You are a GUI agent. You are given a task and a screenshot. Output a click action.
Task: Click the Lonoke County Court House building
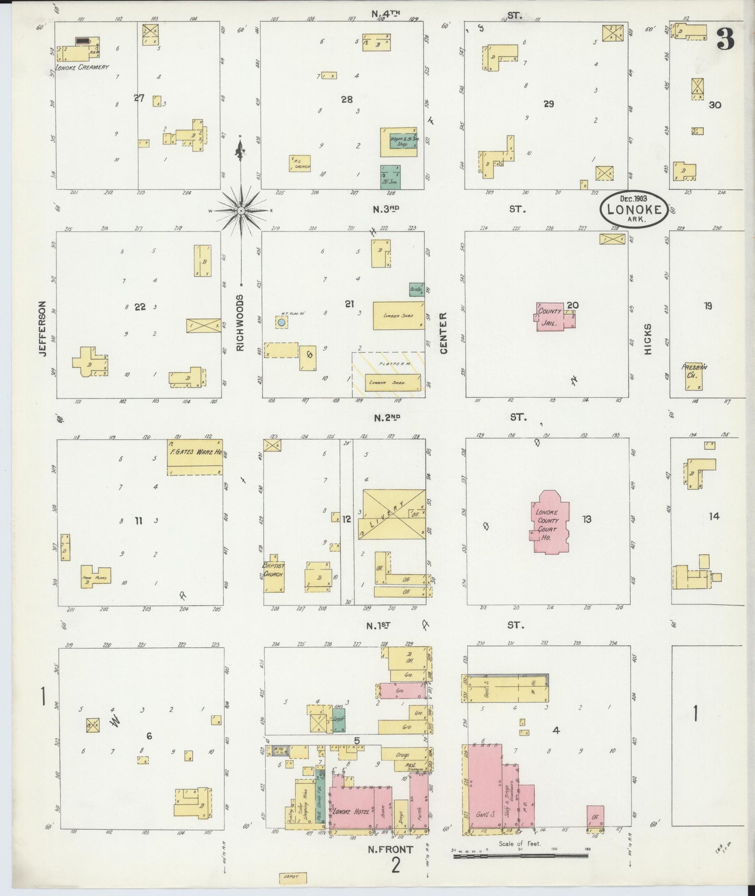[550, 521]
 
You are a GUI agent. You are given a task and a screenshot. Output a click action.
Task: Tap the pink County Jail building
[553, 316]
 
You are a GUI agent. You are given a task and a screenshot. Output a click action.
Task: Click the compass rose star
[241, 210]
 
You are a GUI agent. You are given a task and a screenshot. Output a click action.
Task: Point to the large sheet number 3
[726, 39]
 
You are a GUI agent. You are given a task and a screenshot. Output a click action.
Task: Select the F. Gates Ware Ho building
[194, 457]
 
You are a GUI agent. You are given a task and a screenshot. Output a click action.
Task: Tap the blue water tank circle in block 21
[282, 323]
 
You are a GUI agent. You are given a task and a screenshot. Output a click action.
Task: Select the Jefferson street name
[43, 329]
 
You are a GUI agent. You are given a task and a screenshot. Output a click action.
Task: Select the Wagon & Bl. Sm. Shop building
[399, 142]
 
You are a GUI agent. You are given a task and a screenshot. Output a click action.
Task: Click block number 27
[138, 98]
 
